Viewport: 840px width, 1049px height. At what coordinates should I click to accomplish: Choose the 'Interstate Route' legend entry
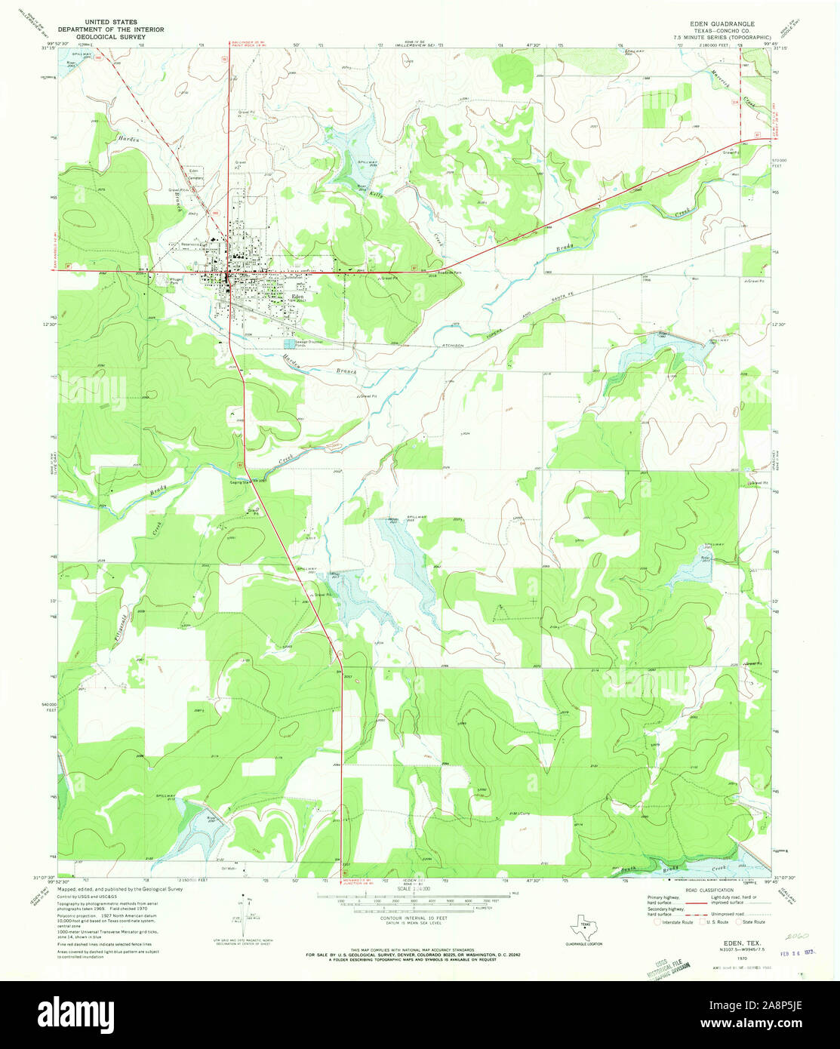[x=677, y=922]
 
